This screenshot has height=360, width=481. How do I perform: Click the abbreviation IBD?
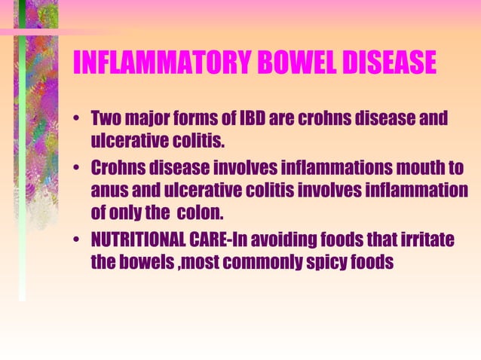point(252,119)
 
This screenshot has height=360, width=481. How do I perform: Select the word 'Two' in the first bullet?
point(106,119)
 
